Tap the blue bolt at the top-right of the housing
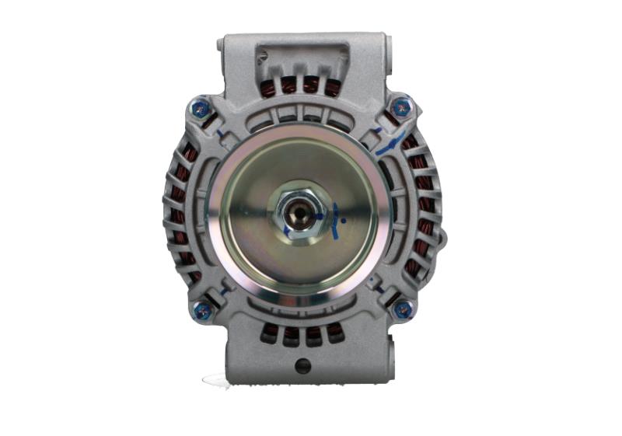pos(401,107)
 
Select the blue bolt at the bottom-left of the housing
pos(202,311)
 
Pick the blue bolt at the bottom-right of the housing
pos(403,310)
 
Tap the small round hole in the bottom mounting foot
pos(303,365)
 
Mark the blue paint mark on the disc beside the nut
pos(335,221)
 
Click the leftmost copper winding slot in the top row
pos(270,85)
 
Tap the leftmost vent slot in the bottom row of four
pos(270,333)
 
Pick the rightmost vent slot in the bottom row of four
pos(335,333)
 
